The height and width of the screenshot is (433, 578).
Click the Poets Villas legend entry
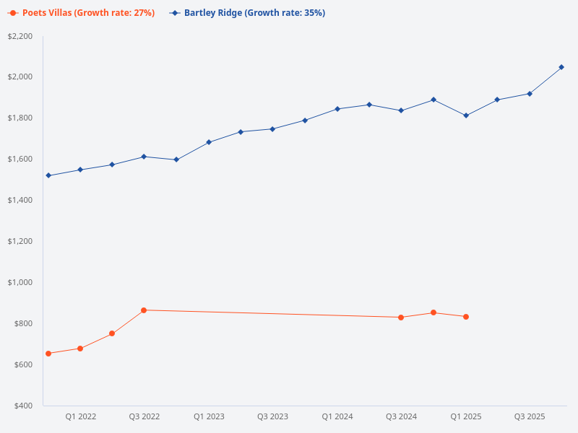tap(82, 13)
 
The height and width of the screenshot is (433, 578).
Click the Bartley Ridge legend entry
tap(246, 13)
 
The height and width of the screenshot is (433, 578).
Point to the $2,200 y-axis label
tap(20, 36)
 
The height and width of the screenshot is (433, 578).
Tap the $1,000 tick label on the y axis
tap(20, 282)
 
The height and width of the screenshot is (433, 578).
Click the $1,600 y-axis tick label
tap(20, 159)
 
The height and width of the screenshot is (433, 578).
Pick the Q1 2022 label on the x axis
tap(80, 417)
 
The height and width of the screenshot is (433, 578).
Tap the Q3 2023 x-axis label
tap(272, 417)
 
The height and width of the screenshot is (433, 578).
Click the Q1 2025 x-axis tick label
tap(466, 417)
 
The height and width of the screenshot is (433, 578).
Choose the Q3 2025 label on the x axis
tap(530, 417)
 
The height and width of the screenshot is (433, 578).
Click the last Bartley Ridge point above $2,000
tap(561, 67)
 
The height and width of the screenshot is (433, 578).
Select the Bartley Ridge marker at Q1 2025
tap(466, 115)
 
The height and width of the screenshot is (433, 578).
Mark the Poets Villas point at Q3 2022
tap(144, 310)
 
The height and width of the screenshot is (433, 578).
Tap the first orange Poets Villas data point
tap(48, 354)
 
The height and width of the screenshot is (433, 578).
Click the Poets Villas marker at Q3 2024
tap(401, 318)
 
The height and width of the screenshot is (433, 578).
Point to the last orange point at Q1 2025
tap(466, 317)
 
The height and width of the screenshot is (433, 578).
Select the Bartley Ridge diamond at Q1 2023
tap(209, 142)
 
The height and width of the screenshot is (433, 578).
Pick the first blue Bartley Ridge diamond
tap(48, 175)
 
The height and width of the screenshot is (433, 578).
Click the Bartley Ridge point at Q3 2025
tap(530, 94)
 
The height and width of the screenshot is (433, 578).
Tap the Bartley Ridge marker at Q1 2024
tap(337, 109)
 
